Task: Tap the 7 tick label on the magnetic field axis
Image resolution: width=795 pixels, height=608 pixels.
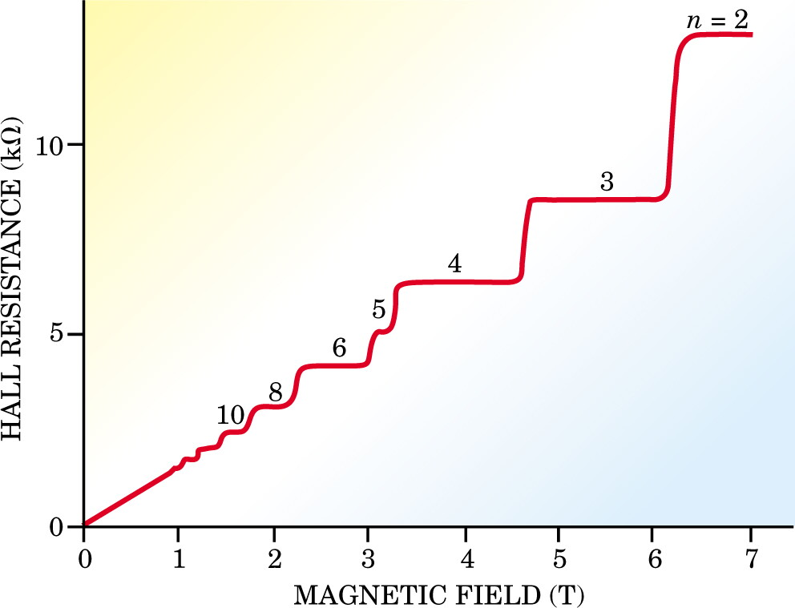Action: [x=751, y=559]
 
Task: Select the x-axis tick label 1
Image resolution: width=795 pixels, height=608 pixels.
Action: [x=178, y=559]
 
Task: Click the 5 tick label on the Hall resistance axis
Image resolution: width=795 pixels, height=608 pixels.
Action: [x=60, y=335]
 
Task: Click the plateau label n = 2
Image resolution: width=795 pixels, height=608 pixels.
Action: [x=717, y=22]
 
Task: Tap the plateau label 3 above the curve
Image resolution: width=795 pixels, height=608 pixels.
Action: [x=607, y=181]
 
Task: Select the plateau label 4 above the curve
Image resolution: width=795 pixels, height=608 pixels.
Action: [x=454, y=264]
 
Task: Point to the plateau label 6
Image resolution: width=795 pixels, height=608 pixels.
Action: [x=339, y=348]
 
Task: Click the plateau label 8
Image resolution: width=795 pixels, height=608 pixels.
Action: [x=276, y=393]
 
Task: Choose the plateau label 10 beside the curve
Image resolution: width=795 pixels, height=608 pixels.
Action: [x=231, y=416]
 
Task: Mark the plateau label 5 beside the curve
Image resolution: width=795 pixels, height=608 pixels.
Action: [x=379, y=309]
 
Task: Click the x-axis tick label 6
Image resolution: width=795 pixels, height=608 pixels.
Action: [x=655, y=559]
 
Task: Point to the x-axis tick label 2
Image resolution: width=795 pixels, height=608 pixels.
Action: [x=274, y=559]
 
